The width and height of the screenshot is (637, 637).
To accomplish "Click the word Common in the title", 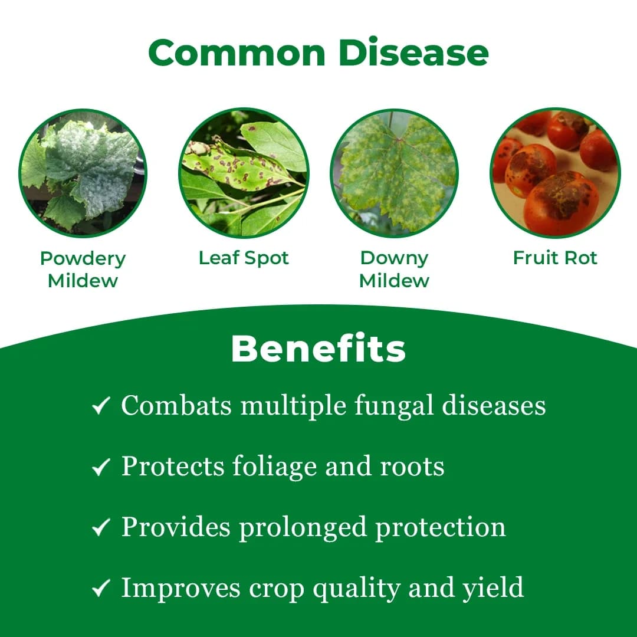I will pos(237,52).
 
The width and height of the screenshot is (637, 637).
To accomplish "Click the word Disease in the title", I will pos(413,52).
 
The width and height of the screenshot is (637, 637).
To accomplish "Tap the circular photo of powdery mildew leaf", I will pos(83,172).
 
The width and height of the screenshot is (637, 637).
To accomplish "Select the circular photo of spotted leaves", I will pos(243,172).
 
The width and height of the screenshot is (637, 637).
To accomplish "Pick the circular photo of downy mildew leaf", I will pos(394,172).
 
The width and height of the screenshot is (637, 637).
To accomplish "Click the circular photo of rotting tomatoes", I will pos(555,172).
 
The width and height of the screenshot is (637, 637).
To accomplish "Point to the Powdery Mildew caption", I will pos(83,270).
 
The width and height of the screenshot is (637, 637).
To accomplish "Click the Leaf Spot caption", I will pos(244,258).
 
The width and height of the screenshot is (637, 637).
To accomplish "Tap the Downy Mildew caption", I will pos(394,270).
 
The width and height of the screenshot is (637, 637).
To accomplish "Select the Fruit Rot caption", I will pos(555,258).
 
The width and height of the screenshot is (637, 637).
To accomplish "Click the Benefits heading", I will pos(318,349).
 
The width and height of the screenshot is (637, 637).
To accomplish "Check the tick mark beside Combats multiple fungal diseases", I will pos(101,407).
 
